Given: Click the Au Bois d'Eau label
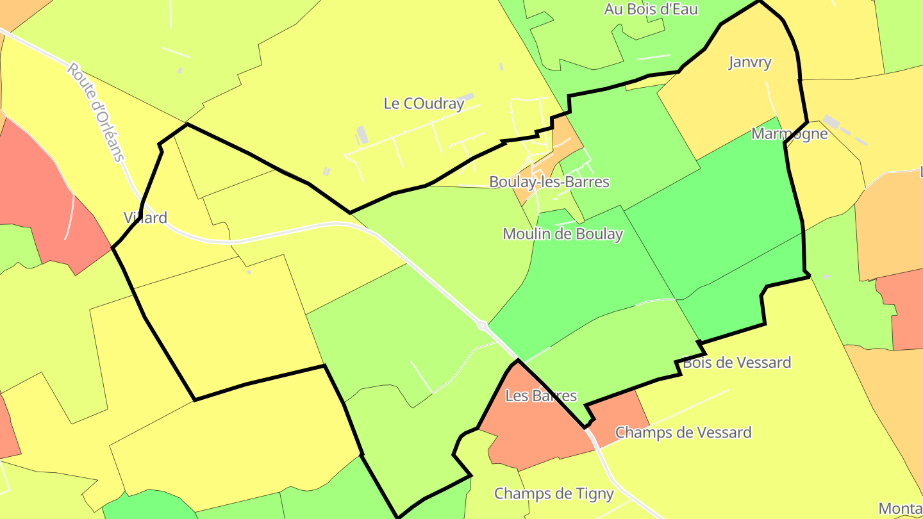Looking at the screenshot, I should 651,9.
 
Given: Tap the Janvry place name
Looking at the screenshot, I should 750,62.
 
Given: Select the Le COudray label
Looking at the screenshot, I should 424,103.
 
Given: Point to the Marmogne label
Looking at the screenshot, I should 789,134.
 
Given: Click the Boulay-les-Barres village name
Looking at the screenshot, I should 549,181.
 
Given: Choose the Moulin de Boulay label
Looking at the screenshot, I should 562,234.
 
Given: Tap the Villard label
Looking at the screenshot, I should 146,218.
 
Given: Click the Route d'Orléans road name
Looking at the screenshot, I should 96,111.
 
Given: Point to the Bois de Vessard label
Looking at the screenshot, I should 736,363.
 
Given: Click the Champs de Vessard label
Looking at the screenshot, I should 683,432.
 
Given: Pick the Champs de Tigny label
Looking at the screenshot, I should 554,494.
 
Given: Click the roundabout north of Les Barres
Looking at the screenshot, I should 482,326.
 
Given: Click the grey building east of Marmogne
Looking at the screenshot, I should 832,121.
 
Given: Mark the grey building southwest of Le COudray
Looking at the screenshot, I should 362,135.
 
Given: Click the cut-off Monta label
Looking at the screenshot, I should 900,509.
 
